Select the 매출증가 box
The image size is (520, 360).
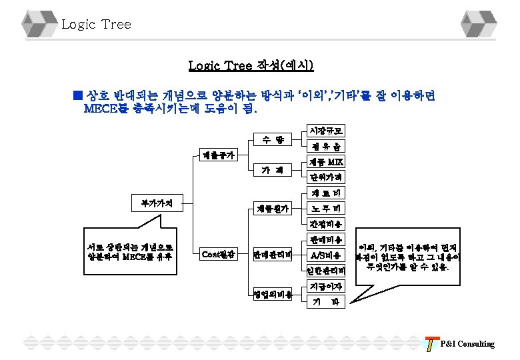218,155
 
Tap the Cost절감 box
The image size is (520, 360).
218,253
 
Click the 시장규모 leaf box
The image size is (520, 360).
325,132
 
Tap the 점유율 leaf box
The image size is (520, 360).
325,147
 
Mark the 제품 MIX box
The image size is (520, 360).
325,163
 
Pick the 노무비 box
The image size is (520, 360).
325,209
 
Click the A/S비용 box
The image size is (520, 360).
325,255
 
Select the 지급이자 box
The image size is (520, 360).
325,287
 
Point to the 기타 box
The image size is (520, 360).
325,301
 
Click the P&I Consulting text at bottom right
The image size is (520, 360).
467,344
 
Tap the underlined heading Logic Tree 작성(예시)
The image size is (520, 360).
251,65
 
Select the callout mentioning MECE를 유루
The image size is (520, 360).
126,250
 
